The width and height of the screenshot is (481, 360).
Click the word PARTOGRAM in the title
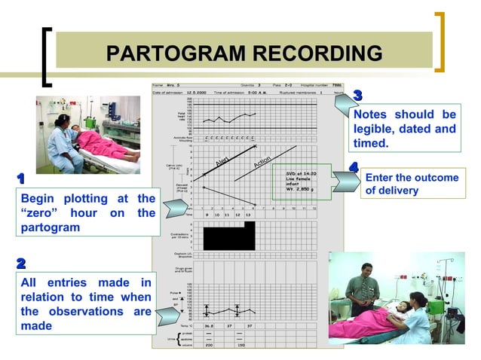[175, 53]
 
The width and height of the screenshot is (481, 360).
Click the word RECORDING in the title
[316, 53]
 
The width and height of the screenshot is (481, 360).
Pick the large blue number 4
[354, 166]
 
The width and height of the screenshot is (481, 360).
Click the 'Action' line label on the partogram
[262, 162]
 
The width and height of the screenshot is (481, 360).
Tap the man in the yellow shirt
[363, 285]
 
